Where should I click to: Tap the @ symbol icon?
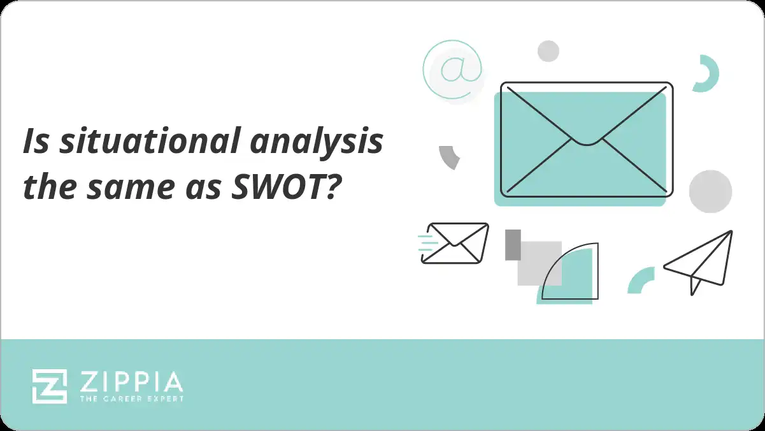(x=452, y=69)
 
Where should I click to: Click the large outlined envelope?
(x=586, y=139)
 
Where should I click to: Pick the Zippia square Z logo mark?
(x=50, y=386)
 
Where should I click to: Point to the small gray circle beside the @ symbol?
(x=548, y=51)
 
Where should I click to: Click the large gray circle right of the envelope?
(x=710, y=191)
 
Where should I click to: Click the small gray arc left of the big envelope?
(x=449, y=157)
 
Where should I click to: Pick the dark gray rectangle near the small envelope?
(x=513, y=245)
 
